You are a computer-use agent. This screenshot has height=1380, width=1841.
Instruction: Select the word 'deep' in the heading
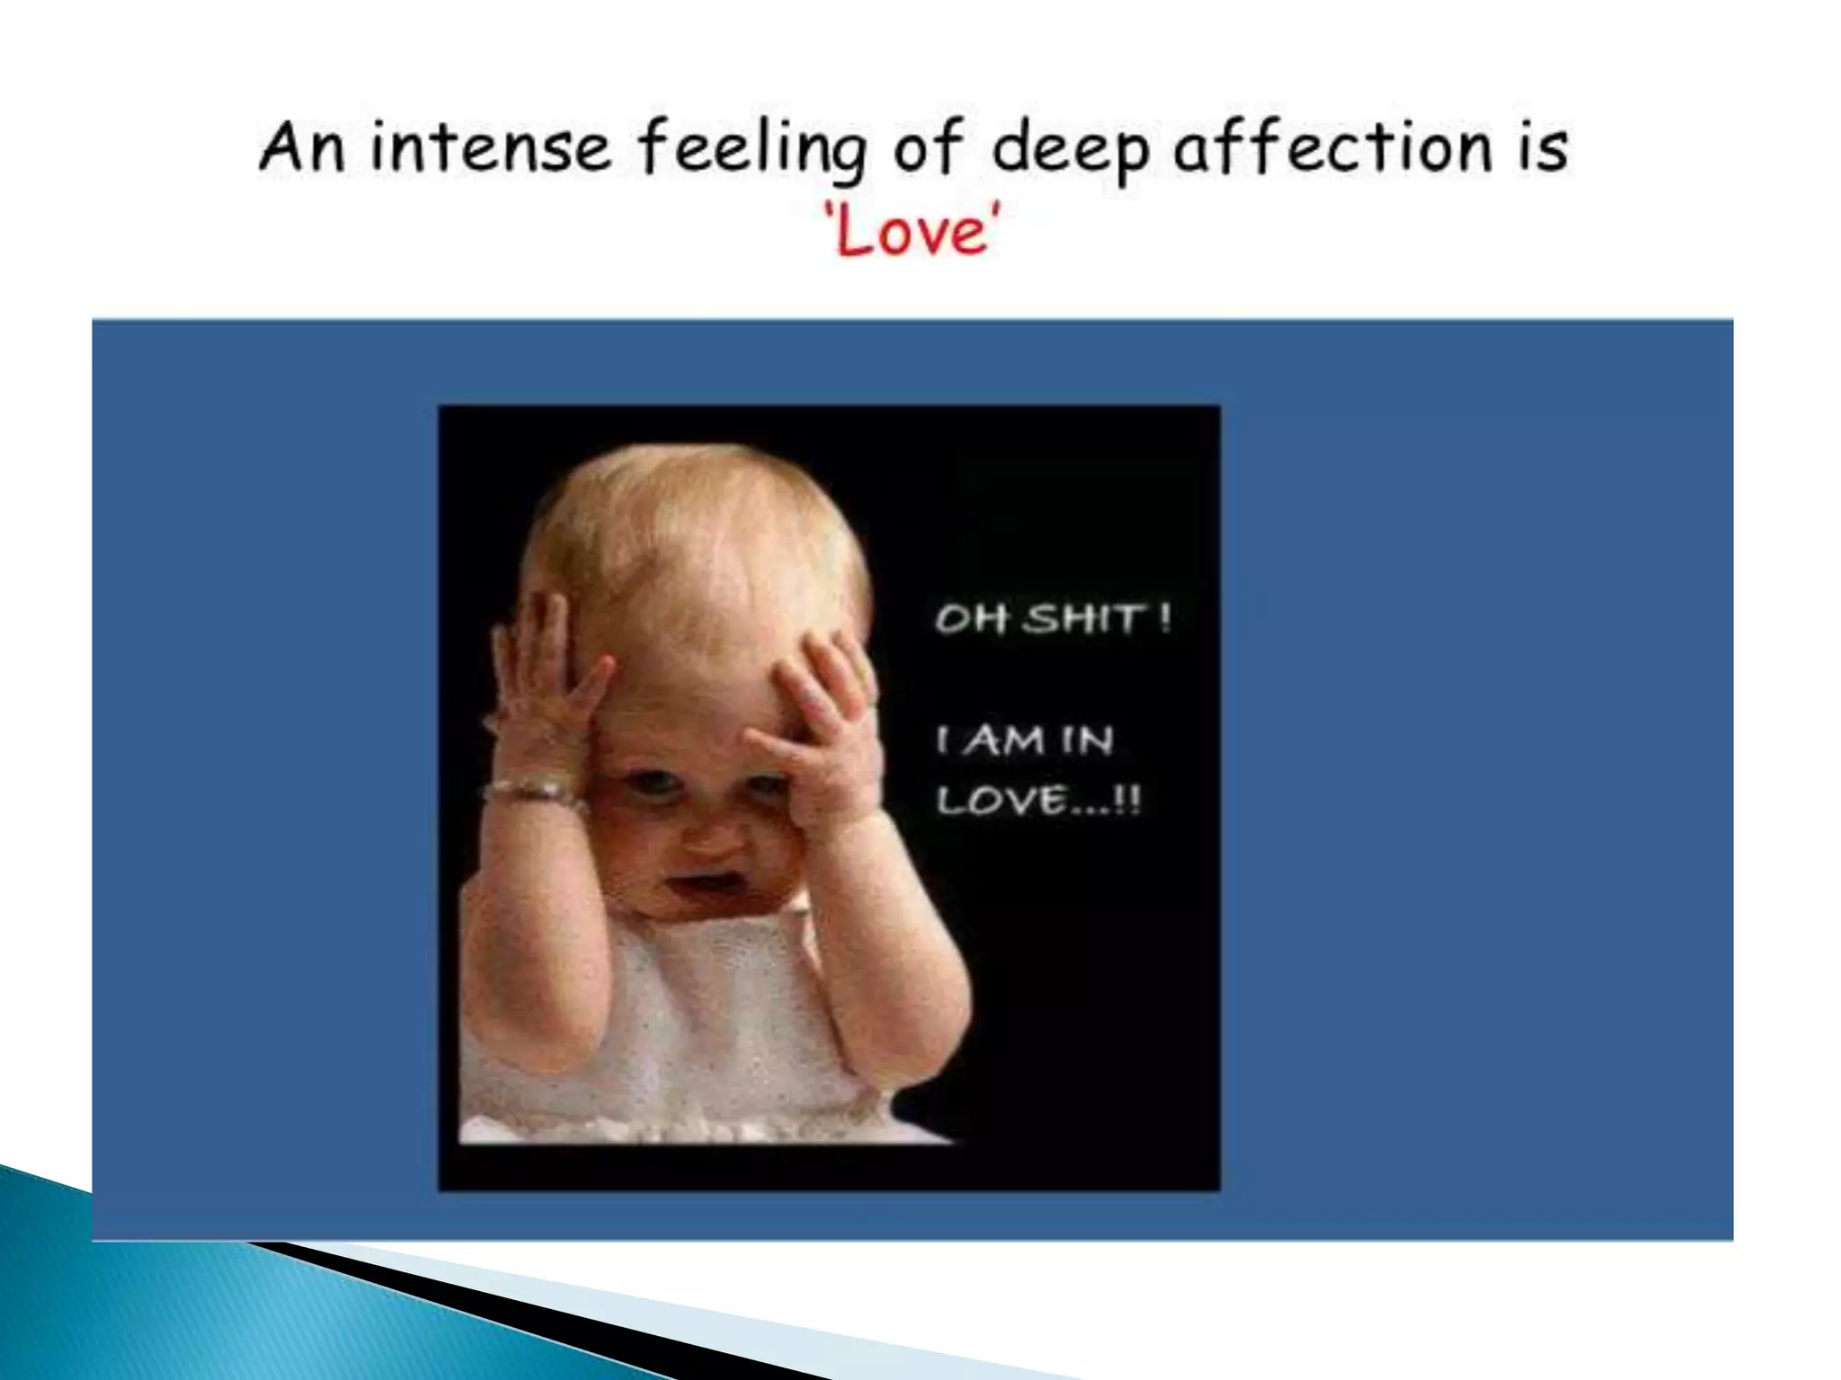pos(1070,149)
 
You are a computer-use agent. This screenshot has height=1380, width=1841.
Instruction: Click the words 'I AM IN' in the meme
pos(1025,741)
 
